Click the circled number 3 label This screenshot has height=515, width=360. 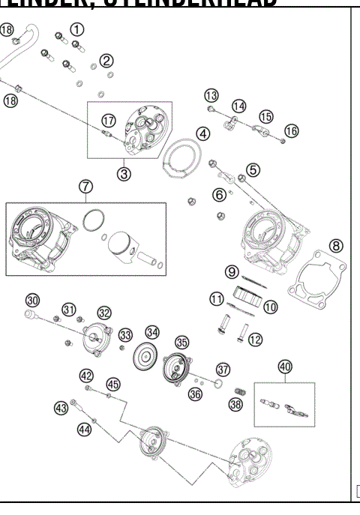pyautogui.click(x=124, y=173)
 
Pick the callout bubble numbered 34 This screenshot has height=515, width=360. pyautogui.click(x=152, y=332)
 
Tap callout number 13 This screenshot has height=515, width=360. pyautogui.click(x=211, y=95)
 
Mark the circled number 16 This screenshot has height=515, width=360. pyautogui.click(x=291, y=130)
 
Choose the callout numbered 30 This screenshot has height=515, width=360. pyautogui.click(x=31, y=300)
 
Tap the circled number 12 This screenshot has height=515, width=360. pyautogui.click(x=255, y=340)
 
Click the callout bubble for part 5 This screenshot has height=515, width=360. pyautogui.click(x=253, y=170)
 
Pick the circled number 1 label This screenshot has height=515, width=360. pyautogui.click(x=76, y=29)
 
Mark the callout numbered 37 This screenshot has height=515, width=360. pyautogui.click(x=223, y=369)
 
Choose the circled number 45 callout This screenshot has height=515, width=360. pyautogui.click(x=112, y=384)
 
